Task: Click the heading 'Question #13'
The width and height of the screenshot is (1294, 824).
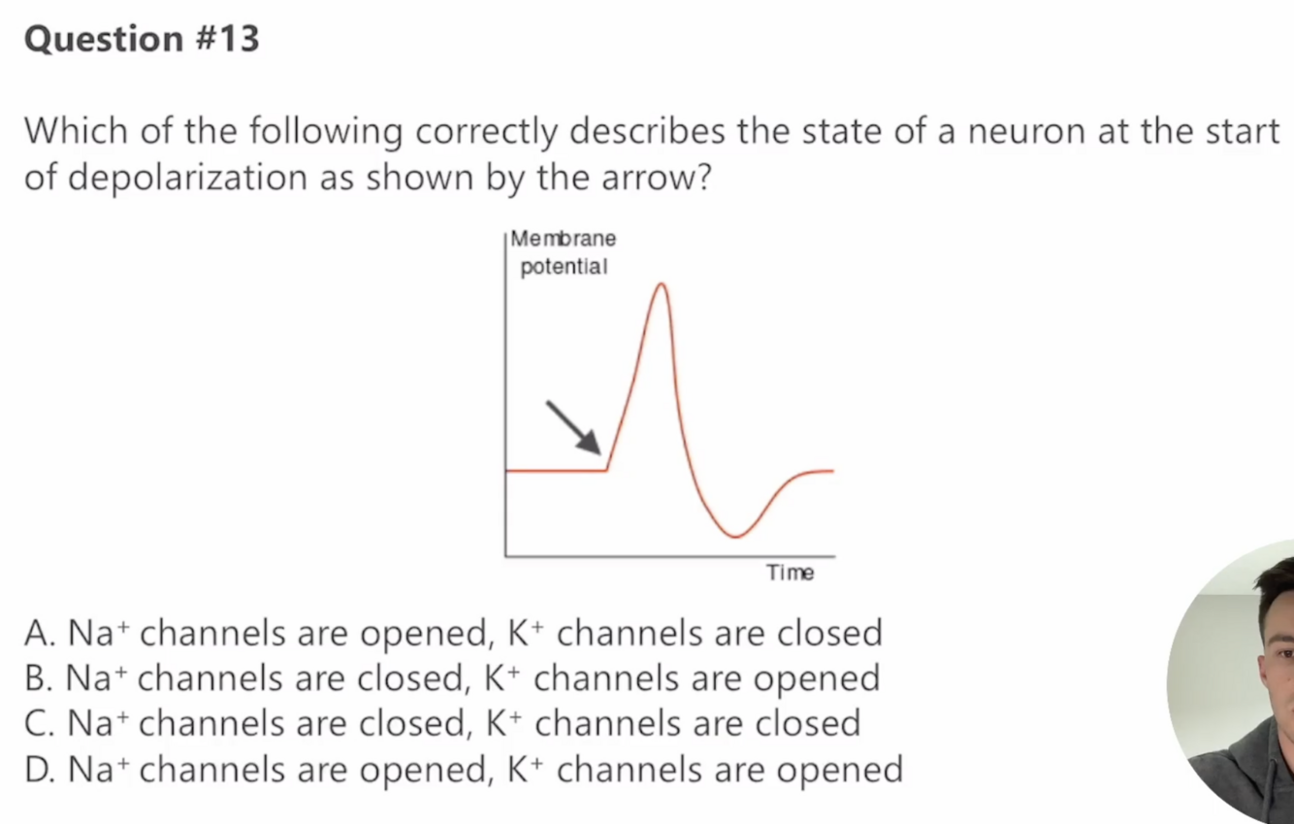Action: pyautogui.click(x=142, y=40)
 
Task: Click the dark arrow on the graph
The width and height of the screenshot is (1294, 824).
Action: pyautogui.click(x=574, y=427)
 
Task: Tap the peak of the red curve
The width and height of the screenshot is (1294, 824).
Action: pyautogui.click(x=662, y=284)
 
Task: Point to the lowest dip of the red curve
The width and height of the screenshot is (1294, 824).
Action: pyautogui.click(x=735, y=536)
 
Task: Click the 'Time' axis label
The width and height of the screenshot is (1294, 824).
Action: pyautogui.click(x=790, y=573)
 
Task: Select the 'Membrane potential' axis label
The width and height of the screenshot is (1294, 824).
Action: pyautogui.click(x=564, y=252)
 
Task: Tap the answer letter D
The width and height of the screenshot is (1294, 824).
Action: pyautogui.click(x=38, y=770)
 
